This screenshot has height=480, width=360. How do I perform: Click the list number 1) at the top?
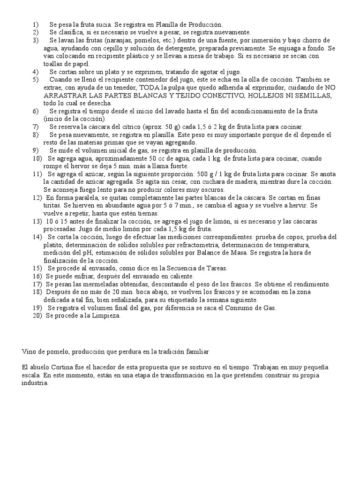tap(36, 24)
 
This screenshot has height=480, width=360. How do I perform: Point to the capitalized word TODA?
tap(146, 87)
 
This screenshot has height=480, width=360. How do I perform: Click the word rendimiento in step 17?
tap(312, 285)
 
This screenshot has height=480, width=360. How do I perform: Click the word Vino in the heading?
tap(29, 351)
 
